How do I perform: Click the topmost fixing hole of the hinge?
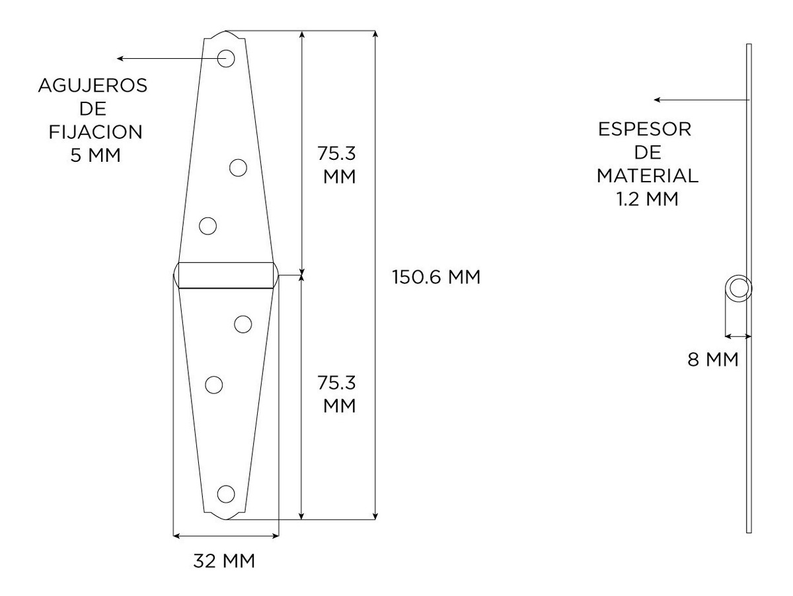[x=226, y=58]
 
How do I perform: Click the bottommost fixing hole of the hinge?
[x=226, y=494]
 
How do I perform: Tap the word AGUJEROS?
[x=93, y=86]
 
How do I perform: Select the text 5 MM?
[x=95, y=155]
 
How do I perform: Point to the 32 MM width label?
[x=225, y=561]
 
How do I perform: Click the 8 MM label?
[x=713, y=360]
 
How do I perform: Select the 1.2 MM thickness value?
[x=646, y=199]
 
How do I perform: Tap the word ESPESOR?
[x=644, y=130]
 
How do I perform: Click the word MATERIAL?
[x=648, y=176]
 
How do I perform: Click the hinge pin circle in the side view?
[x=738, y=289]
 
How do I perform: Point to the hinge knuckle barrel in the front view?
[x=226, y=275]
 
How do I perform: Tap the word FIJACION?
[x=95, y=132]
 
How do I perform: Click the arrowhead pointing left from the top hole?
[x=120, y=58]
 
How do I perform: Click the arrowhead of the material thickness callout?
[x=657, y=100]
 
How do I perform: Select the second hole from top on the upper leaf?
[x=238, y=168]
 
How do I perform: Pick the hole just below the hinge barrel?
[x=243, y=324]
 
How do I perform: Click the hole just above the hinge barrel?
[x=208, y=225]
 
